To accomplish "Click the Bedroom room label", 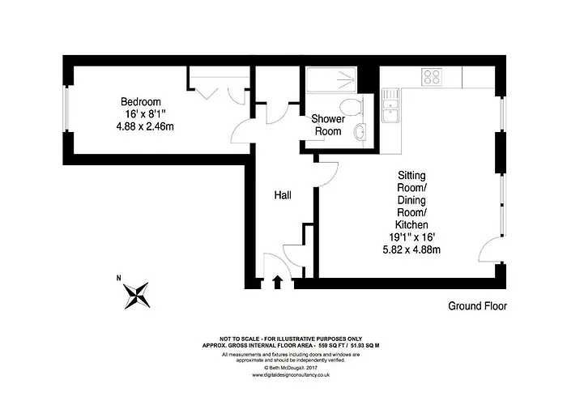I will [x=142, y=102].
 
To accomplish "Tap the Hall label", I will [x=283, y=195].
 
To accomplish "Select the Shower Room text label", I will [x=328, y=126].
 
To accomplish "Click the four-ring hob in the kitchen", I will [x=431, y=77].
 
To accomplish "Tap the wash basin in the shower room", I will [x=361, y=132].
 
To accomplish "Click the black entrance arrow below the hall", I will [x=278, y=282].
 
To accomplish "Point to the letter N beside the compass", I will [x=119, y=279].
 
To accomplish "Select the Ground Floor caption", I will [x=478, y=306].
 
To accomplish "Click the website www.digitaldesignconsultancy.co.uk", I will [x=283, y=375].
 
